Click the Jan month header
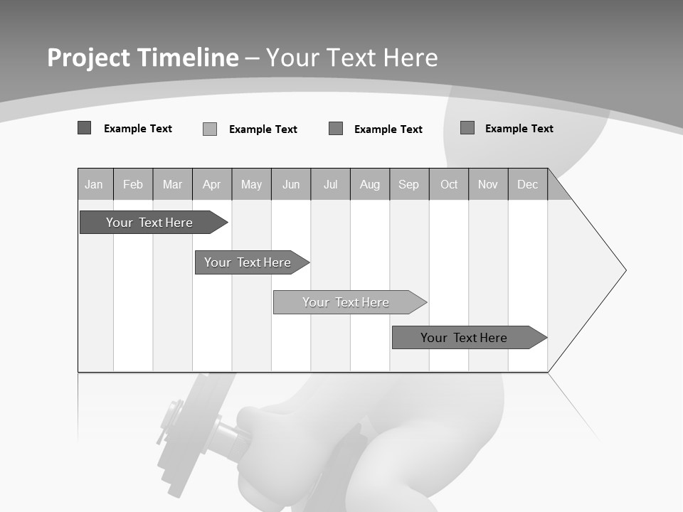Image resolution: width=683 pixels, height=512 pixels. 94,185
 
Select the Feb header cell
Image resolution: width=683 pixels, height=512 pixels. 133,185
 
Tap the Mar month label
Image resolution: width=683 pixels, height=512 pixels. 172,185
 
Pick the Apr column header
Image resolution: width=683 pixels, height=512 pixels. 212,185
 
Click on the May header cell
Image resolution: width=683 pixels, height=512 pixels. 251,185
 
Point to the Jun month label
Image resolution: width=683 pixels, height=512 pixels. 291,185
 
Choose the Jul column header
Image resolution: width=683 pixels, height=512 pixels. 330,185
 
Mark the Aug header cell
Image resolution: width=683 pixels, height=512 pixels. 370,185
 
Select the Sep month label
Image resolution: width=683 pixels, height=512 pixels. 409,185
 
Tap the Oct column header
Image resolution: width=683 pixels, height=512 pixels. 449,185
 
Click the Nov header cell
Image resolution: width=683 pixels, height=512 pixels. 488,185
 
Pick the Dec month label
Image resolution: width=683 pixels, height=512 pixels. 528,185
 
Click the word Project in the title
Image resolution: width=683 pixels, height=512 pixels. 89,58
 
